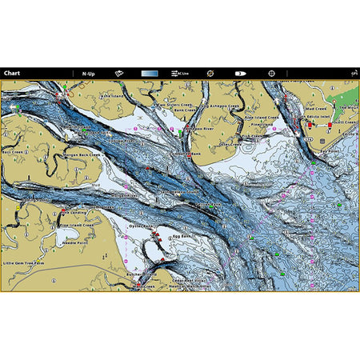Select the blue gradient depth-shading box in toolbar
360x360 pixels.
(x=150, y=73)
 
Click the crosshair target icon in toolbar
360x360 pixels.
(x=271, y=73)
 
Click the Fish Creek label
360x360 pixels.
(x=254, y=135)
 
